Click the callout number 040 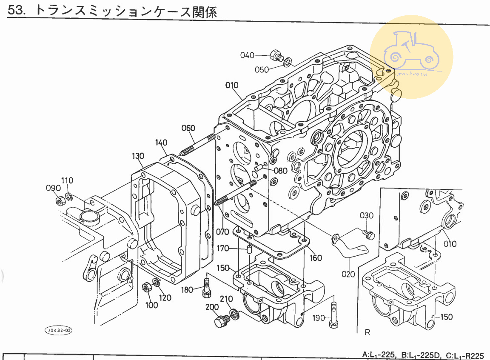(x=247, y=55)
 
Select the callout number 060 (x=188, y=128)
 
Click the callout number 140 (x=161, y=143)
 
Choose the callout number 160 (x=316, y=257)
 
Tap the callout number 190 (x=319, y=318)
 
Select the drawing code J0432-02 (x=59, y=330)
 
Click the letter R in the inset (x=367, y=332)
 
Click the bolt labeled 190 (x=333, y=315)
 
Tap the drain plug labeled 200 (x=221, y=322)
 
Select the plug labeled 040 (x=276, y=55)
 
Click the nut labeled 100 (x=146, y=287)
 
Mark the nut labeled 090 (x=60, y=200)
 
